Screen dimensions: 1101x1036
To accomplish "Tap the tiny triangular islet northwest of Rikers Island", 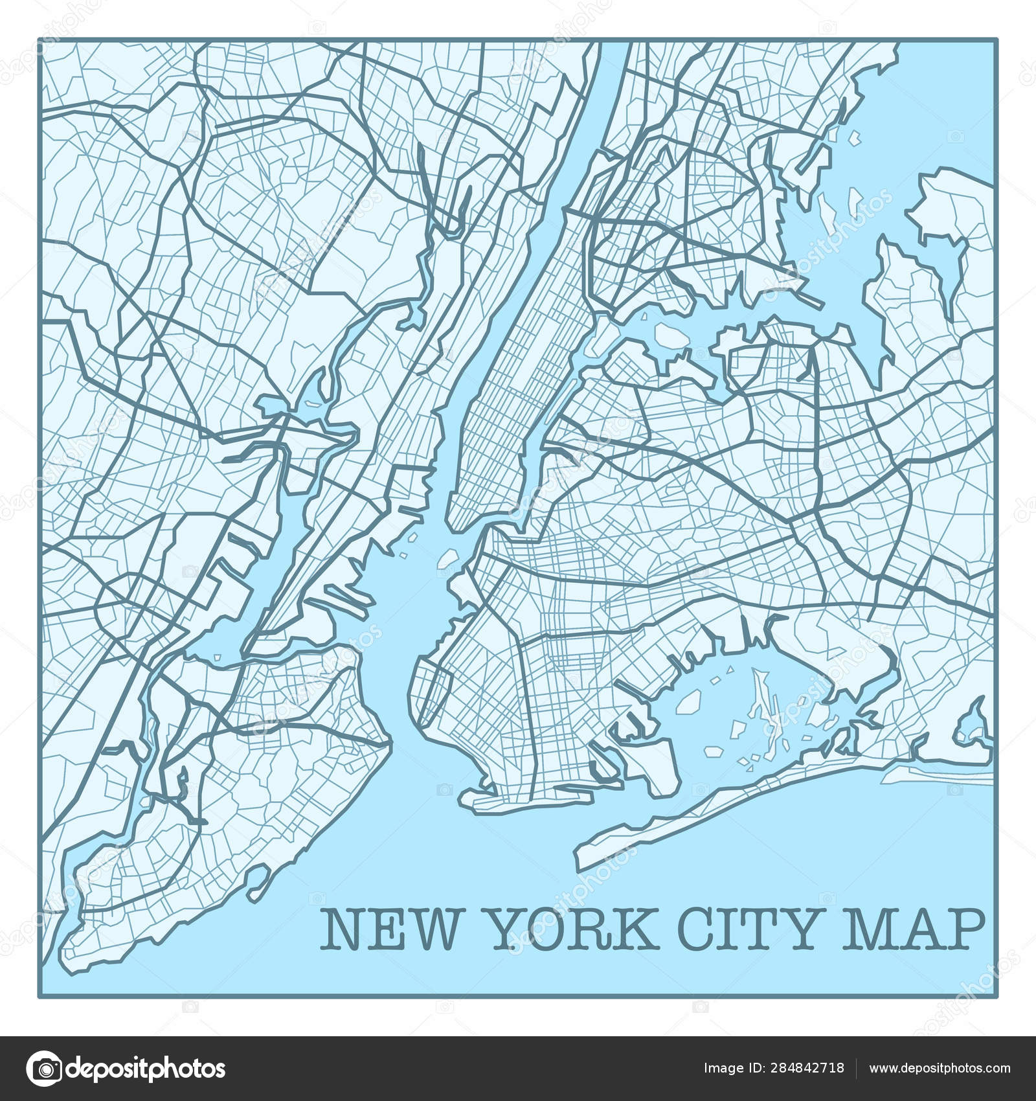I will (646, 316).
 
